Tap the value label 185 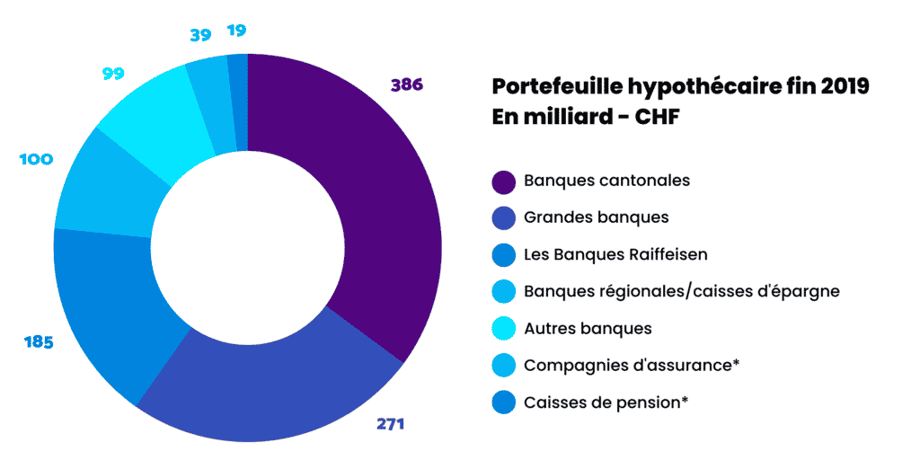[38, 342]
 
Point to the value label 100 [36, 159]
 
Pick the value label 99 [113, 74]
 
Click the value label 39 [199, 35]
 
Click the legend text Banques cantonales [606, 181]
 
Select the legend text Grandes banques [596, 217]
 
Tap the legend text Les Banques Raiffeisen [615, 254]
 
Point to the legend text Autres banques [588, 329]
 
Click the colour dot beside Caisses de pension [503, 402]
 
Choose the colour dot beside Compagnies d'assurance [503, 366]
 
